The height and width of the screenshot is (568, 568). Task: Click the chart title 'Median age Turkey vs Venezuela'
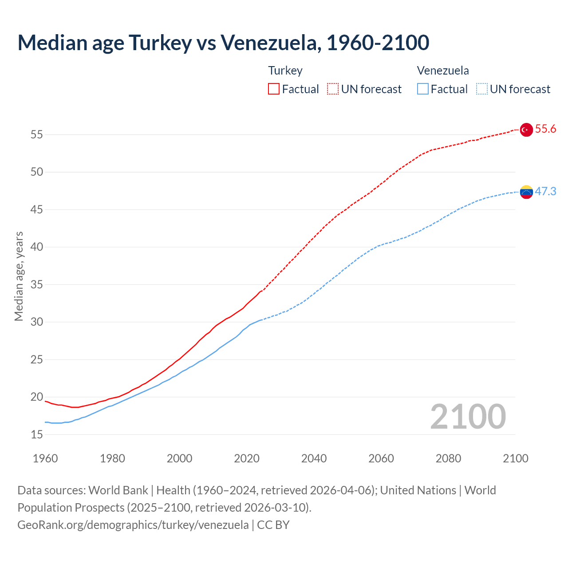point(223,43)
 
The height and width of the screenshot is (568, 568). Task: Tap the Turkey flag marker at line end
point(526,130)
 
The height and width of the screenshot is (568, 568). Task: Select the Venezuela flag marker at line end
point(526,192)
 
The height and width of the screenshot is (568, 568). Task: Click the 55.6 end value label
point(545,129)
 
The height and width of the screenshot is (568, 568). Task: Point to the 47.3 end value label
point(545,191)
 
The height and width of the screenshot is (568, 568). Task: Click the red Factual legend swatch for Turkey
point(274,89)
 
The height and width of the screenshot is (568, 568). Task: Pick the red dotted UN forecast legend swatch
point(333,89)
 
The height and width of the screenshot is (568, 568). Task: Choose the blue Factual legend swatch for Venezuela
point(423,89)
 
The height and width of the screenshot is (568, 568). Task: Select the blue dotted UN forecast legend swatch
point(482,89)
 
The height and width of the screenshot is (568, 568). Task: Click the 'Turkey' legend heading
point(285,71)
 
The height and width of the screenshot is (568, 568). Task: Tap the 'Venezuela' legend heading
point(443,71)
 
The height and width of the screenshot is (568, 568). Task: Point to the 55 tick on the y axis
point(37,134)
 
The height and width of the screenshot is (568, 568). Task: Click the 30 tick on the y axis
point(37,322)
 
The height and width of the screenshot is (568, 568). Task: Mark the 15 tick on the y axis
point(37,434)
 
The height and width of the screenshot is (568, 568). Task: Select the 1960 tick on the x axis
point(45,458)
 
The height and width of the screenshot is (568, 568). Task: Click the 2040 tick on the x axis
point(314,458)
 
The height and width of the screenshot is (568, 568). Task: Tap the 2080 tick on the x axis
point(448,458)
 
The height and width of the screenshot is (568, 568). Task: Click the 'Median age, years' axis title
point(19,276)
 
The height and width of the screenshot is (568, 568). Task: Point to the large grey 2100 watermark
point(468,416)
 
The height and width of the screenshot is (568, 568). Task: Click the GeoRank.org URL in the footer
point(133,525)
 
